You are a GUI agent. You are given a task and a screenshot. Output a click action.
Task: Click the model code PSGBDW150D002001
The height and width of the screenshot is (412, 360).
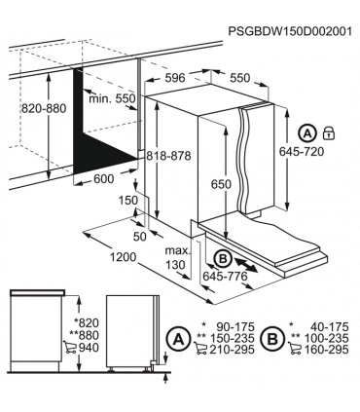click(290, 31)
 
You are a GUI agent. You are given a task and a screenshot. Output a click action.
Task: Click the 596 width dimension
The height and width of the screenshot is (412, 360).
click(175, 78)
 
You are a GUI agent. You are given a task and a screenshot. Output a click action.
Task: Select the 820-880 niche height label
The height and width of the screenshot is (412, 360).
click(44, 108)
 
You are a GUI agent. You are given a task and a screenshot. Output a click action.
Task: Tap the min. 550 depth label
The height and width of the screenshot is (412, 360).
click(112, 98)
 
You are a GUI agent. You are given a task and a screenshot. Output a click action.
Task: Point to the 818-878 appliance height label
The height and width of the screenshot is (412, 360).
click(168, 156)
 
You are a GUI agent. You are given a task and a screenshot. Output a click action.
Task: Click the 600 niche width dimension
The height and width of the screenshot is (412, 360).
click(104, 178)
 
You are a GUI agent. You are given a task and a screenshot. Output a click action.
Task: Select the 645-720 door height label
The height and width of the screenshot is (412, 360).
click(302, 151)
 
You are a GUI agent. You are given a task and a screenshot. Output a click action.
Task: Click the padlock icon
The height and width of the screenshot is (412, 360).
click(329, 133)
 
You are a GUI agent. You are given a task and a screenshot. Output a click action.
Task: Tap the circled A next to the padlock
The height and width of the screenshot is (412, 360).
click(307, 133)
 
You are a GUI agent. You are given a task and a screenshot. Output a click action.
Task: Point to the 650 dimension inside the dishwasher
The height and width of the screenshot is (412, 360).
click(221, 184)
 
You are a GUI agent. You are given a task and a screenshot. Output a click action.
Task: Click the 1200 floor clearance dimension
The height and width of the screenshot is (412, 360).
click(123, 257)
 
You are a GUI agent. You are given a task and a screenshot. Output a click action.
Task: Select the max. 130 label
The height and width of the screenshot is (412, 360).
click(177, 257)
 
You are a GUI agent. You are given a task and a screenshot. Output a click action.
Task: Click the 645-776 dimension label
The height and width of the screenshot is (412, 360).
click(225, 276)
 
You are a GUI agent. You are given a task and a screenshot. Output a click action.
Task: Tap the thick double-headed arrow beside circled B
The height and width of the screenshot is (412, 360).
click(246, 265)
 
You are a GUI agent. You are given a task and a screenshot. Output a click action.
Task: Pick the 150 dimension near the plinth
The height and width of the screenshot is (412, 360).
click(127, 200)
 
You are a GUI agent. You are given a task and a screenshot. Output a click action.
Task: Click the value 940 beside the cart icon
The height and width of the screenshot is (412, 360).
click(89, 348)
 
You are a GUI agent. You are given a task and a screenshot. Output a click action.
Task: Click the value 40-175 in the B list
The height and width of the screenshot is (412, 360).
click(330, 326)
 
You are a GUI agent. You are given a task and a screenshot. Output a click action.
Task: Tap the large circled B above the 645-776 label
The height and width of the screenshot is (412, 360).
click(223, 259)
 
